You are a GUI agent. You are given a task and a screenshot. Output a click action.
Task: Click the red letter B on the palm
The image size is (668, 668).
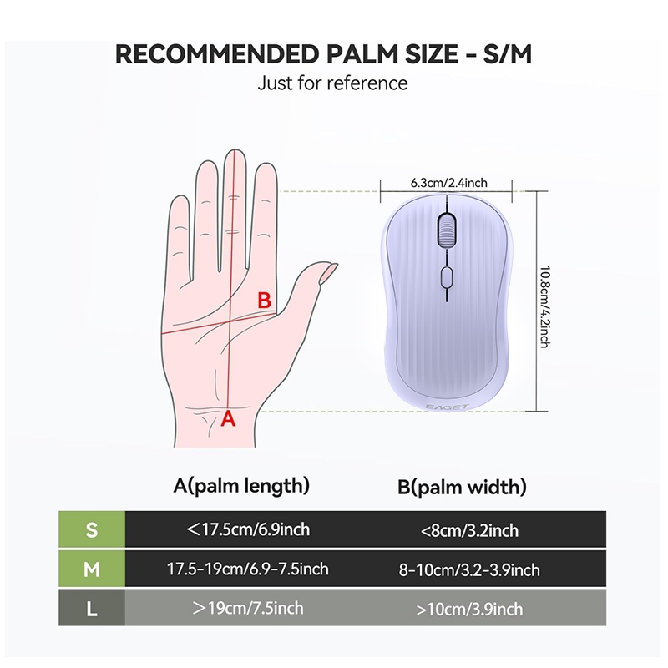tap(264, 300)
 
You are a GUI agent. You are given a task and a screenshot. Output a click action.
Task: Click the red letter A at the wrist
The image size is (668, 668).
tap(228, 419)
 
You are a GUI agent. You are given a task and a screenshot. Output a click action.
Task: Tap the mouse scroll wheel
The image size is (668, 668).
tap(447, 230)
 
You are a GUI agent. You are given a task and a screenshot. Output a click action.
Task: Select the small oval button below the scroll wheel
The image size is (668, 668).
tap(447, 277)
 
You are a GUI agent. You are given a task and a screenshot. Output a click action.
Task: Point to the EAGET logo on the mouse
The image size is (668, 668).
tap(447, 407)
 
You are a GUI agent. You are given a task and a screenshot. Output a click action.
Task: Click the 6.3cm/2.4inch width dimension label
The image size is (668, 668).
tap(448, 183)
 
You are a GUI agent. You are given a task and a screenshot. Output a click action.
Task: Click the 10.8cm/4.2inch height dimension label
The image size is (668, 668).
tap(545, 306)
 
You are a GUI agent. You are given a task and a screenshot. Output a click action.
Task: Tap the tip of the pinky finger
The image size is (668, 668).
tap(180, 197)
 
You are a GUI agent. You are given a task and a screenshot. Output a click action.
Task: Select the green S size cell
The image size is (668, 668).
tap(92, 529)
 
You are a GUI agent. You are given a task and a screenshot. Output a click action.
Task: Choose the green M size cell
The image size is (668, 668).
tap(92, 569)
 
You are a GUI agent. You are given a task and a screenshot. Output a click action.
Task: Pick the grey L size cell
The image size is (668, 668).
tap(92, 608)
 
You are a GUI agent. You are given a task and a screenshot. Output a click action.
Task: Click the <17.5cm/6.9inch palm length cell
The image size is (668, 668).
tap(248, 529)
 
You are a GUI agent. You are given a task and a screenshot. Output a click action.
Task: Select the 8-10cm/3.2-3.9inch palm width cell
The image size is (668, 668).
tap(469, 570)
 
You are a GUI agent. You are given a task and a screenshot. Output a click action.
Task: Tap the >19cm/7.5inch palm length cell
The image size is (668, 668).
tap(248, 608)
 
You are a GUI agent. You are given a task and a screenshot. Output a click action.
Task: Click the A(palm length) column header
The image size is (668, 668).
tap(241, 486)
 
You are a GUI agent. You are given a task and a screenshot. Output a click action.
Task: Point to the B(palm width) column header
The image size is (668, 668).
tap(462, 488)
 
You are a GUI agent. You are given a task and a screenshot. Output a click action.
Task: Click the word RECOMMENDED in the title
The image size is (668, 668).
tap(217, 54)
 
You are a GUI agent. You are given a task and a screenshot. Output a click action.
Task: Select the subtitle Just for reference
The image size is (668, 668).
tap(332, 83)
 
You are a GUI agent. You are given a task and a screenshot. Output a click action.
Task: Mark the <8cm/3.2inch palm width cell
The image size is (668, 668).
tap(469, 531)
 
